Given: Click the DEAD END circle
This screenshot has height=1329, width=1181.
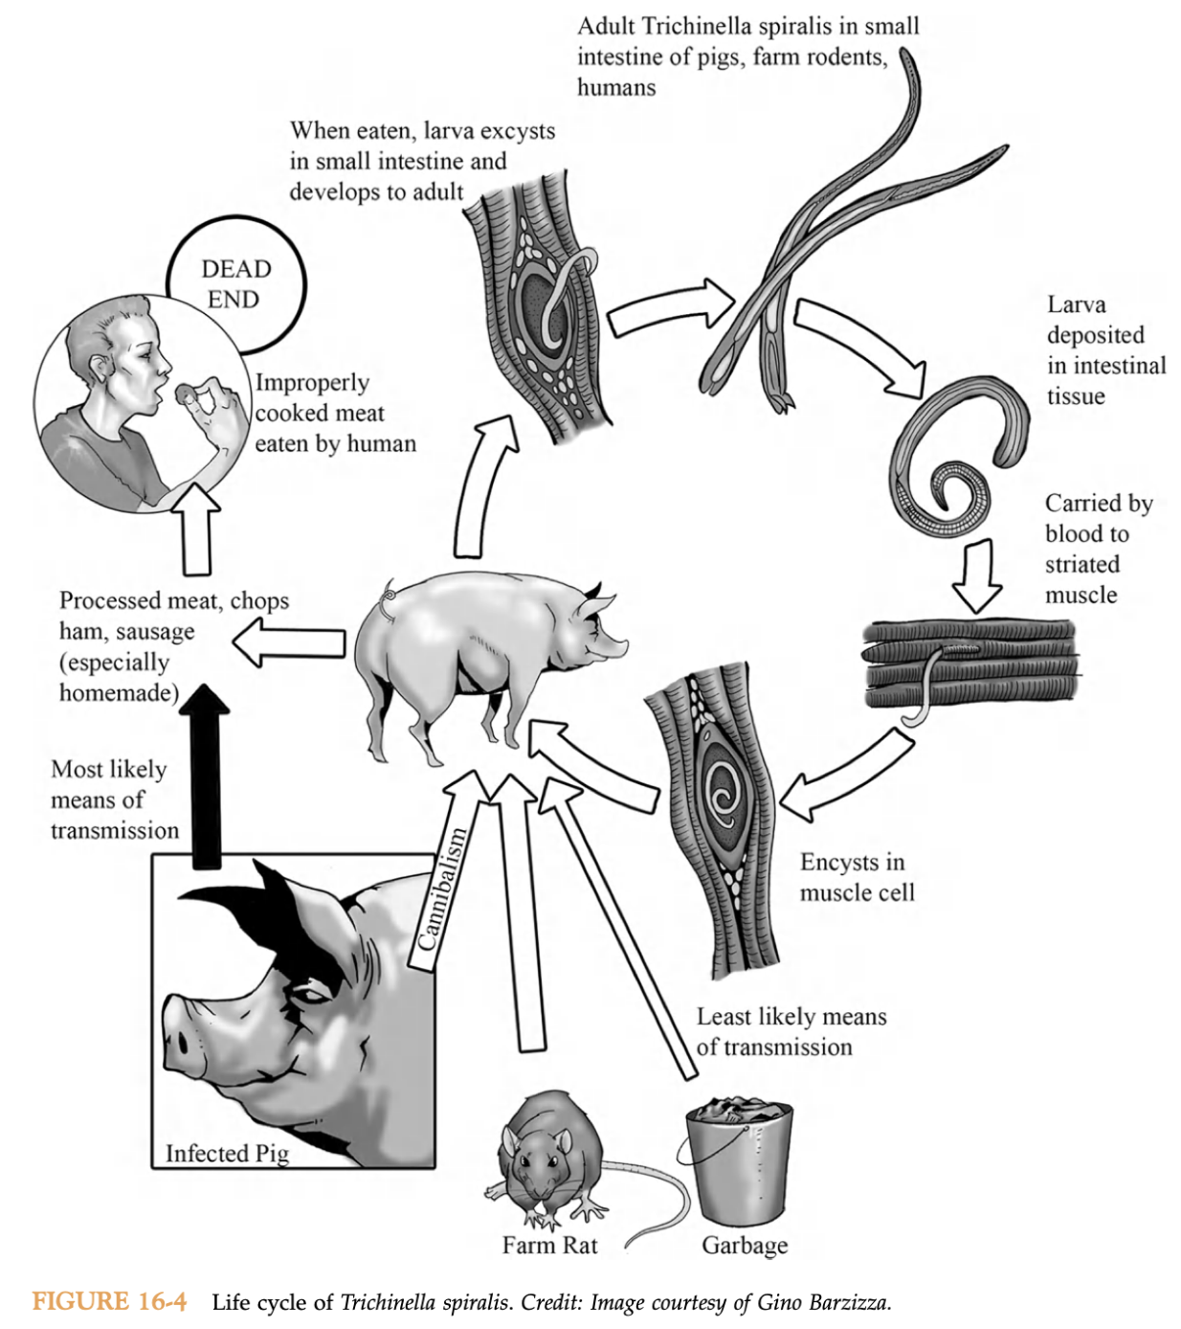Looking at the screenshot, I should click(235, 283).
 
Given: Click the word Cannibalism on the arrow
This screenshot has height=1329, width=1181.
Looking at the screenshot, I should click(444, 889).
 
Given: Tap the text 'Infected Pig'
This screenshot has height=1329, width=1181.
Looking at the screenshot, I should click(227, 1153).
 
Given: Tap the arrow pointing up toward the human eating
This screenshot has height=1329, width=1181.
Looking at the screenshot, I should click(196, 527).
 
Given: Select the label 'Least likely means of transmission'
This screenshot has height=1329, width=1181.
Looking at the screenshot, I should click(791, 1031).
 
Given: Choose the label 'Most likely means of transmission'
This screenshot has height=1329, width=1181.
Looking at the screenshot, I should click(114, 800).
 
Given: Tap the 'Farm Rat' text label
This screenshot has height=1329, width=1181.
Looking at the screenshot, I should click(549, 1245).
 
